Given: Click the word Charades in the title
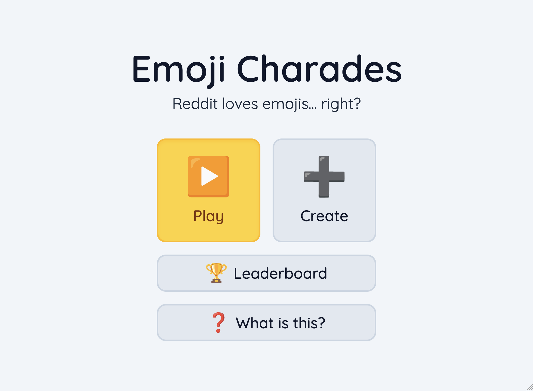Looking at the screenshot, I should coord(319,69).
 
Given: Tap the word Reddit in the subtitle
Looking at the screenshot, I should coord(195,104).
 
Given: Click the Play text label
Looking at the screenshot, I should coord(209,216).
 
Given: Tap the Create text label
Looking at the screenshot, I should coord(324,216).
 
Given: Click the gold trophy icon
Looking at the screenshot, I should coord(216,273).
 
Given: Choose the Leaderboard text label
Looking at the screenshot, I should coord(280,273).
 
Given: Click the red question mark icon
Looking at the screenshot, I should coord(218,323).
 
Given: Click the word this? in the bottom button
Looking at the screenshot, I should coord(309,323).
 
